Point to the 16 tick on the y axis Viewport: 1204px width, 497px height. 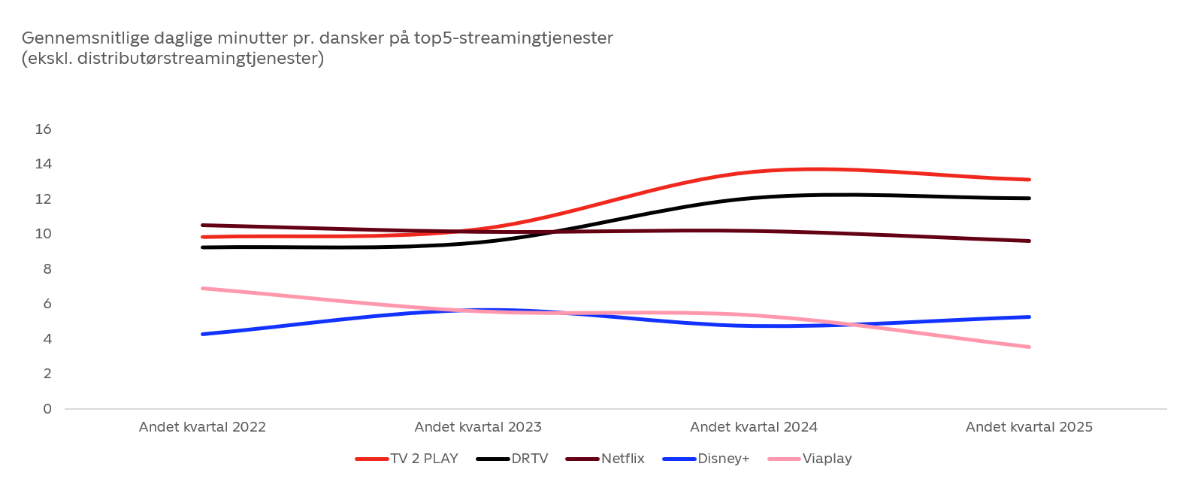(44, 129)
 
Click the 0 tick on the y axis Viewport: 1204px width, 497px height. (47, 409)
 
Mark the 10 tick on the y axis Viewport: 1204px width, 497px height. (44, 234)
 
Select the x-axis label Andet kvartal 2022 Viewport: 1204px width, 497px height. (202, 427)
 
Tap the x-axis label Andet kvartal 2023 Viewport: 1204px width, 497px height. (478, 427)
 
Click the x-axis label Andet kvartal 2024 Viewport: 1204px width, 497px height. (754, 427)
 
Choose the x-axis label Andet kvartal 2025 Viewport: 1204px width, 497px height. (1029, 427)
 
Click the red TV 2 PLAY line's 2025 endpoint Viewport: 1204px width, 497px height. (1029, 180)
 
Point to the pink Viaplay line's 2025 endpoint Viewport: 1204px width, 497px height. (1029, 347)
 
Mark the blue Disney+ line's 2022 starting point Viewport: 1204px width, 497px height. (203, 334)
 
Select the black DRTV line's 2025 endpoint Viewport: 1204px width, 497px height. (1029, 198)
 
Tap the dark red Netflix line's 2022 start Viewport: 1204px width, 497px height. (203, 225)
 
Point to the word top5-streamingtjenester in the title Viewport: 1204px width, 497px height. (513, 38)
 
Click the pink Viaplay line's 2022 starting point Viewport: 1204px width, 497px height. (203, 288)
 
